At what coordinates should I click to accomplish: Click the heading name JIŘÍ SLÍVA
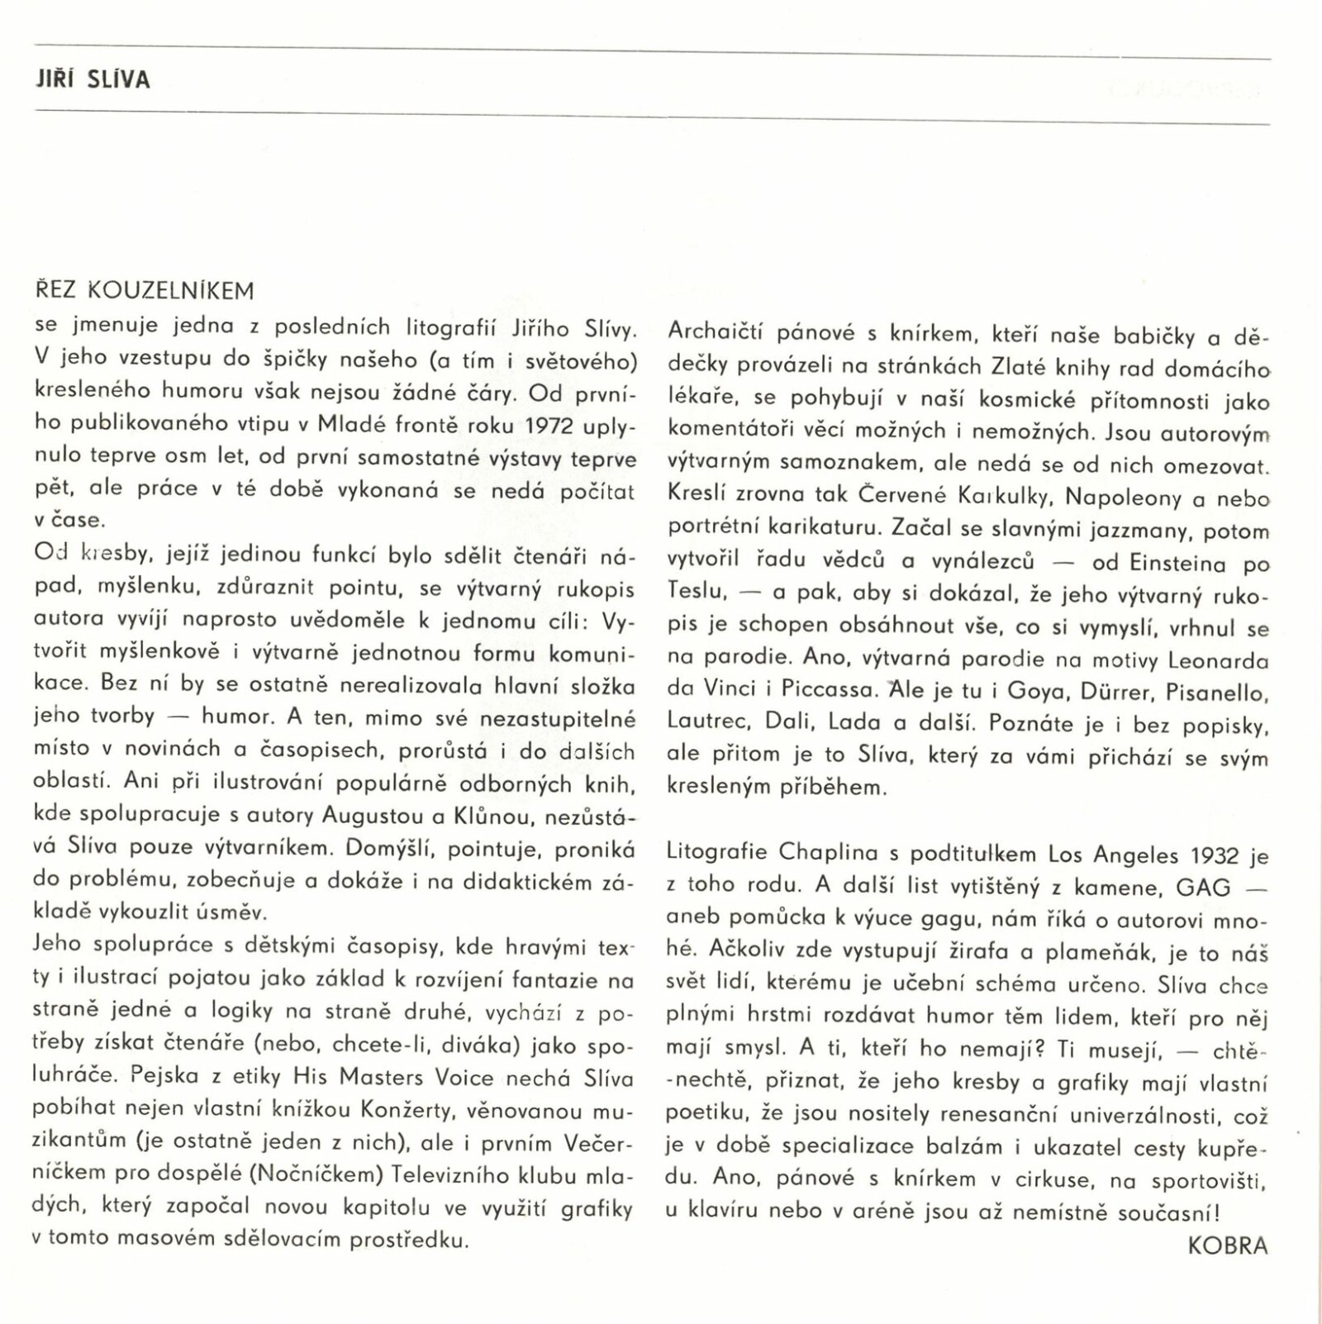coord(94,80)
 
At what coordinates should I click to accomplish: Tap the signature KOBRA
coord(1227,1245)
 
